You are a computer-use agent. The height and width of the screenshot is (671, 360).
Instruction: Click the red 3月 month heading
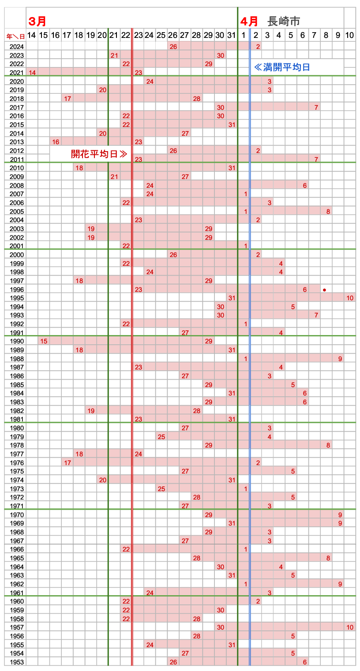tap(37, 21)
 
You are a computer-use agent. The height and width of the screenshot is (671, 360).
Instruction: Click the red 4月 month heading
tap(249, 21)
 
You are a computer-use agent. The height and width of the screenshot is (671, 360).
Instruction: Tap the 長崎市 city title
tap(284, 21)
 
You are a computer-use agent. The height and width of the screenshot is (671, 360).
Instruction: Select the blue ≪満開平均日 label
tap(282, 67)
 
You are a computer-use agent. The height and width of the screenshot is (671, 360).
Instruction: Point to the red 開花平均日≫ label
tap(99, 154)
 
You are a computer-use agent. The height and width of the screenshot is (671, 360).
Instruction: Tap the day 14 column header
tap(32, 35)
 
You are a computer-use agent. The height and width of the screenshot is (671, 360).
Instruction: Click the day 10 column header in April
tap(349, 35)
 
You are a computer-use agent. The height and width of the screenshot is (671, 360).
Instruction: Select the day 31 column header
tap(232, 35)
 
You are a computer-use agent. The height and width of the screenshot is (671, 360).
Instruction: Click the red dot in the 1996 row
tap(324, 290)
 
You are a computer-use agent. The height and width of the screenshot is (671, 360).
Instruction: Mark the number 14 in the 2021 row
tap(32, 72)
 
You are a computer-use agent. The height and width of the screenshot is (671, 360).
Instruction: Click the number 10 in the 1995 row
tap(350, 298)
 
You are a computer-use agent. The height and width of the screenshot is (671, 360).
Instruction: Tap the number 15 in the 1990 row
tap(44, 341)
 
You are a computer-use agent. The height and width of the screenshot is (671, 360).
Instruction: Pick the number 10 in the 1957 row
tap(350, 627)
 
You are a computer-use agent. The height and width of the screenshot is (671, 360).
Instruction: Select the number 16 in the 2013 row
tap(56, 142)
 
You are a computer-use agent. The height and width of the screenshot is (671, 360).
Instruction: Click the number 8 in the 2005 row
tap(328, 212)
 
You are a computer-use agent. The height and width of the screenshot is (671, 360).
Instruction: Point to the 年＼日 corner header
tap(15, 36)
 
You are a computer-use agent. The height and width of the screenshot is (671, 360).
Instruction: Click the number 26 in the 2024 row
tap(173, 47)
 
